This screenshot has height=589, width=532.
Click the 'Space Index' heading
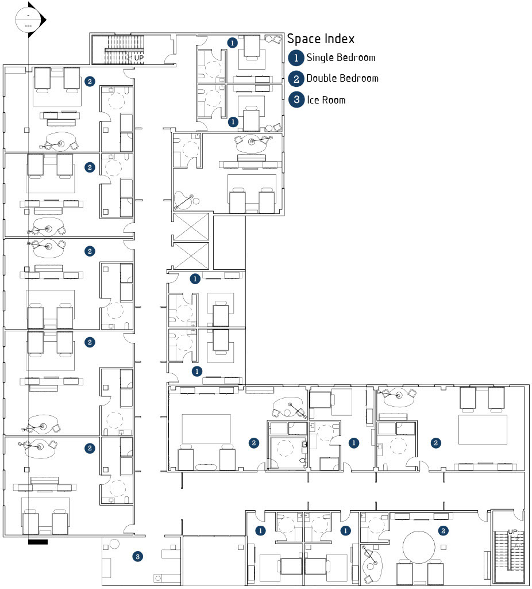(321, 39)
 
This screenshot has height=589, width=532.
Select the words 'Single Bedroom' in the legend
(341, 58)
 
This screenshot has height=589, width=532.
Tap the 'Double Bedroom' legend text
(342, 78)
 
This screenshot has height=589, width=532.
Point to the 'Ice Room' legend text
(326, 100)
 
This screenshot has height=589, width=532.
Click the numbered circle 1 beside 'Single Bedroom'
(296, 58)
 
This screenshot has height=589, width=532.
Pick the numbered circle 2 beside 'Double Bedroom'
(296, 79)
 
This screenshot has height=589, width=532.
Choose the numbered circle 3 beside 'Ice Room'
(296, 100)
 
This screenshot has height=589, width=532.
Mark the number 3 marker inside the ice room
(137, 556)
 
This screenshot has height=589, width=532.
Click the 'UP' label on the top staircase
(139, 58)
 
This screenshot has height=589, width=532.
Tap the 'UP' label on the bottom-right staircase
(513, 531)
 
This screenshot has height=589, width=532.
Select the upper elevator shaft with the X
(191, 227)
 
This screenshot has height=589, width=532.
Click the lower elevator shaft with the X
(191, 255)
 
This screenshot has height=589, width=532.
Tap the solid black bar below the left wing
(37, 541)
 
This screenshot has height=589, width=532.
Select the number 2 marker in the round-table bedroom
(444, 530)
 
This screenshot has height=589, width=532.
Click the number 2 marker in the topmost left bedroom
(90, 82)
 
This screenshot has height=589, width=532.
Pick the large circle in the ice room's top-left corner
(114, 544)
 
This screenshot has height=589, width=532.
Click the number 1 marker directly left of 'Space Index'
(232, 43)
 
